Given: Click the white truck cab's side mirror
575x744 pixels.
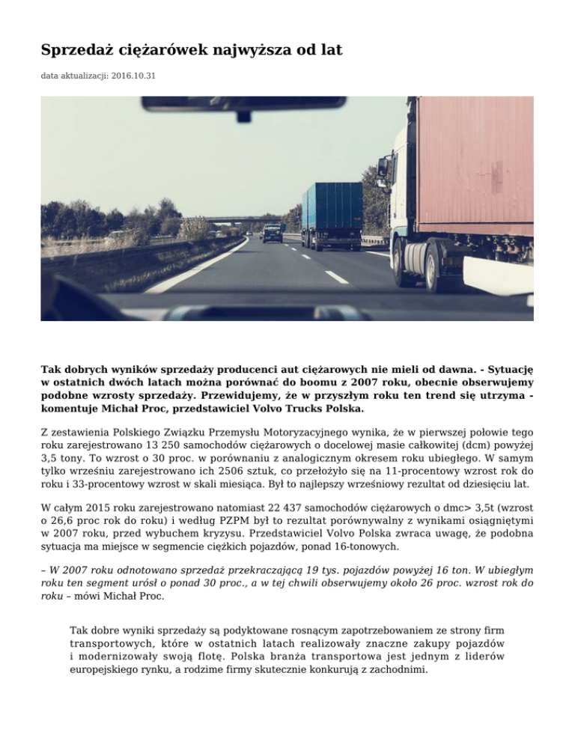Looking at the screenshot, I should click(x=383, y=168).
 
